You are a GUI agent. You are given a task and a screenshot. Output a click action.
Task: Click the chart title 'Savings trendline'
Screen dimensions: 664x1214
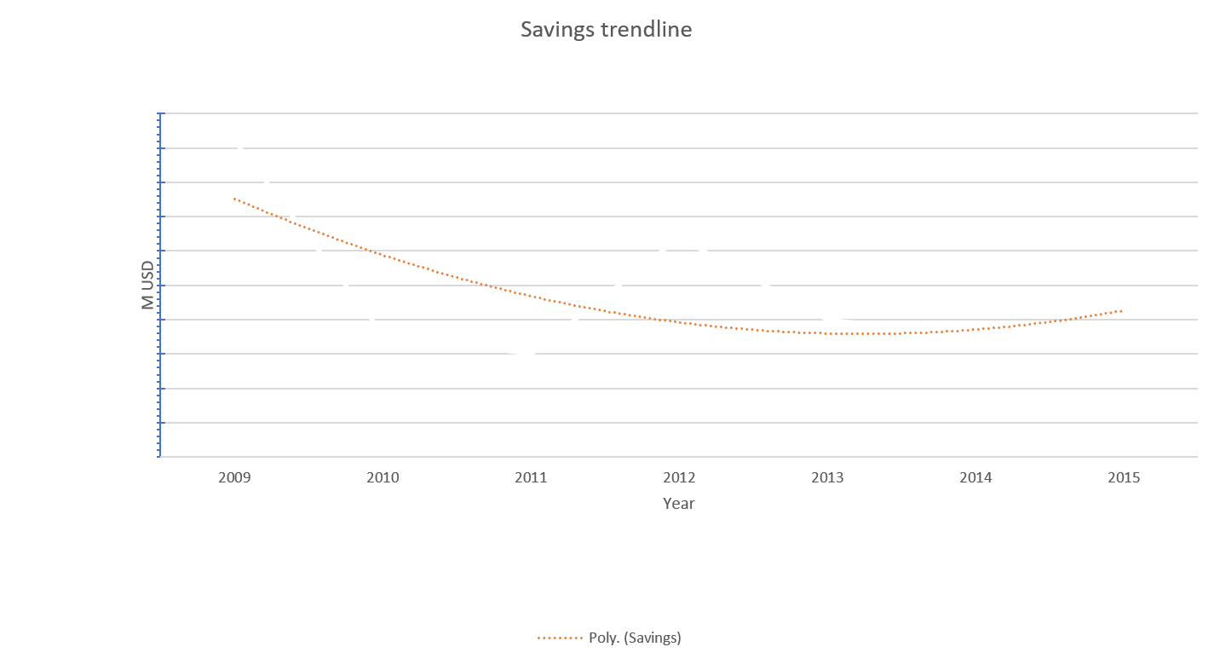click(606, 30)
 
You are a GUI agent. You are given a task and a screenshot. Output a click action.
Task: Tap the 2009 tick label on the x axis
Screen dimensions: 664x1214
click(234, 478)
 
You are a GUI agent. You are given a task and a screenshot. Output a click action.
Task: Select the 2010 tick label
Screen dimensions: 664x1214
click(383, 478)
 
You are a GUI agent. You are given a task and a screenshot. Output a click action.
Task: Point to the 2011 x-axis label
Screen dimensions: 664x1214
click(531, 478)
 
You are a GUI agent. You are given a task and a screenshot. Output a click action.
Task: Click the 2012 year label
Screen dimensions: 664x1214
click(679, 478)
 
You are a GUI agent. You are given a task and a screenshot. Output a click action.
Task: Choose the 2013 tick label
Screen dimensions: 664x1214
click(827, 478)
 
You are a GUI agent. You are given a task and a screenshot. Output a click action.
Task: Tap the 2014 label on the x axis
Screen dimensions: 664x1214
click(975, 478)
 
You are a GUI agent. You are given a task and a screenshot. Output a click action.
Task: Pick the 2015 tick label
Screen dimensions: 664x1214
click(1124, 478)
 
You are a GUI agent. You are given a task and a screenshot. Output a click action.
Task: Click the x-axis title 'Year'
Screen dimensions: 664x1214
click(679, 503)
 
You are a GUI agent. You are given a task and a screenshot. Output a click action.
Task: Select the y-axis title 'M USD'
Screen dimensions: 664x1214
click(149, 285)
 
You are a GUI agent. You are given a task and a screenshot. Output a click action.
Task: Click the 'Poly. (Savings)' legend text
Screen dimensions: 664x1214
click(635, 638)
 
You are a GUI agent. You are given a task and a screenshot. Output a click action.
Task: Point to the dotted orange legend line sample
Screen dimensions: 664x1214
click(559, 638)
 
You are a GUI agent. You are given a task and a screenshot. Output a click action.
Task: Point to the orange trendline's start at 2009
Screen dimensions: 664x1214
click(234, 199)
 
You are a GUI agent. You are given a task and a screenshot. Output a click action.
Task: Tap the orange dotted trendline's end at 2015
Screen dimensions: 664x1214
click(1123, 310)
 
